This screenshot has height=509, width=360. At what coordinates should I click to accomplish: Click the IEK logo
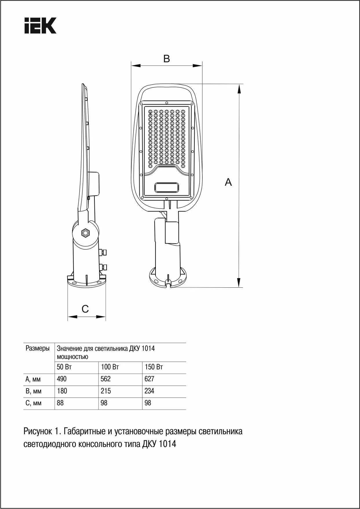pyautogui.click(x=40, y=26)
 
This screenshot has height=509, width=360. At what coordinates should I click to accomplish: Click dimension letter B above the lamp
pyautogui.click(x=167, y=59)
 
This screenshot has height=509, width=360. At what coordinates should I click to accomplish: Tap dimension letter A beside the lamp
pyautogui.click(x=229, y=182)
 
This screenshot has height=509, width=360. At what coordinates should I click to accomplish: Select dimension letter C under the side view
pyautogui.click(x=85, y=309)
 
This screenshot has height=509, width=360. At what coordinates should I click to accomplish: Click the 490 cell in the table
pyautogui.click(x=62, y=379)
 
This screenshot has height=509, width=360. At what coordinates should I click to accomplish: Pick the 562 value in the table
pyautogui.click(x=106, y=379)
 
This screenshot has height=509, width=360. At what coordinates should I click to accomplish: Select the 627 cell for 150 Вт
pyautogui.click(x=149, y=379)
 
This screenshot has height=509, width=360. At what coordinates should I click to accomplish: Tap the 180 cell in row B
pyautogui.click(x=62, y=391)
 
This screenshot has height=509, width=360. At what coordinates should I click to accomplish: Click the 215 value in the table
pyautogui.click(x=106, y=391)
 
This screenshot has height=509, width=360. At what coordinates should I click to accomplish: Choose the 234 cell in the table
pyautogui.click(x=149, y=391)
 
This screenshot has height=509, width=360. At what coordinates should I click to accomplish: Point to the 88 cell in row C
pyautogui.click(x=60, y=403)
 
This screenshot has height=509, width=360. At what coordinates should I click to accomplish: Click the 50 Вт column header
pyautogui.click(x=64, y=367)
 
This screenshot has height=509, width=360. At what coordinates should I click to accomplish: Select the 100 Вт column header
pyautogui.click(x=110, y=367)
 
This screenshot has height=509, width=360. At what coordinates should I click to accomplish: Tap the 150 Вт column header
pyautogui.click(x=154, y=367)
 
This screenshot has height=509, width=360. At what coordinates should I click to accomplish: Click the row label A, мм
pyautogui.click(x=33, y=379)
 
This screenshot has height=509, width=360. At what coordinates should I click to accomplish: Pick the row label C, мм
pyautogui.click(x=33, y=403)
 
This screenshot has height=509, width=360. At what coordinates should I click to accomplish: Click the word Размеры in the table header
pyautogui.click(x=38, y=348)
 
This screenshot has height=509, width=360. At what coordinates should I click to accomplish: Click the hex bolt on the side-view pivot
pyautogui.click(x=85, y=233)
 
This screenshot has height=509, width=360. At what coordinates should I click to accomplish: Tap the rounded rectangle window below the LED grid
pyautogui.click(x=167, y=187)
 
